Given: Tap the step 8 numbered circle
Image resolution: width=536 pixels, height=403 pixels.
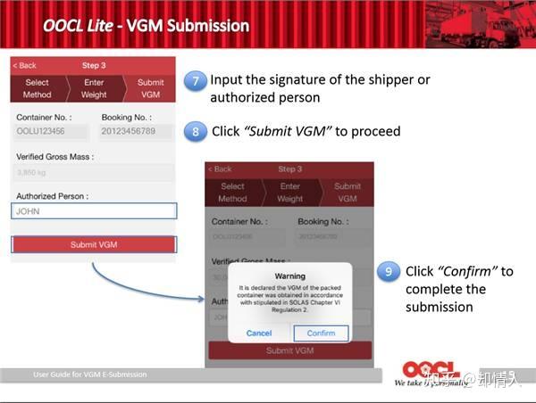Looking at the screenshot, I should (x=196, y=132).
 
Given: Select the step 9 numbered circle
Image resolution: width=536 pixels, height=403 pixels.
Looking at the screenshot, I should (x=388, y=271).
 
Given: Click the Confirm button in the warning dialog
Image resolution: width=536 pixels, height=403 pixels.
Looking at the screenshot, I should (x=321, y=333).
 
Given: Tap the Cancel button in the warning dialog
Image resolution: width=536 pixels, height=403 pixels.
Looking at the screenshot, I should (x=259, y=333).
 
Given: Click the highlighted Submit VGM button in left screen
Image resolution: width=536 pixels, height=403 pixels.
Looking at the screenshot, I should (x=94, y=244).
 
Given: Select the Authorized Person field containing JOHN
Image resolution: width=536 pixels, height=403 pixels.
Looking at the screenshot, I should (x=94, y=211).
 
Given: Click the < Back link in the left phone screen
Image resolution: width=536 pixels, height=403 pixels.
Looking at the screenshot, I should (x=25, y=66).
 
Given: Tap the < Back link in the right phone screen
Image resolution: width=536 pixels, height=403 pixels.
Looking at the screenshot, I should (x=220, y=169).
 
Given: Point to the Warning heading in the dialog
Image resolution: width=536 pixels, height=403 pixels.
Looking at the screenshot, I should (x=289, y=276).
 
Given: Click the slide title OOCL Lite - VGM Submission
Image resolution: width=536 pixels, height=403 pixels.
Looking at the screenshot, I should (x=146, y=25).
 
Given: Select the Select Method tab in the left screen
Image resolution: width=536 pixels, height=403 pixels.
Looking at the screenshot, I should (x=37, y=88).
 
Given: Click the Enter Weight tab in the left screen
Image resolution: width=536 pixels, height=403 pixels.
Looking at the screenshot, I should (x=94, y=88).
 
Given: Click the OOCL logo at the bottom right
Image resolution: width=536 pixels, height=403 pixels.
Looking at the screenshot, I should (x=429, y=370).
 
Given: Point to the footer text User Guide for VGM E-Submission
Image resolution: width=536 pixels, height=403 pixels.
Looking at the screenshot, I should (x=89, y=374).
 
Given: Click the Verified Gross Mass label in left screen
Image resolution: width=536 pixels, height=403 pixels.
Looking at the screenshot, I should (x=54, y=156).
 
